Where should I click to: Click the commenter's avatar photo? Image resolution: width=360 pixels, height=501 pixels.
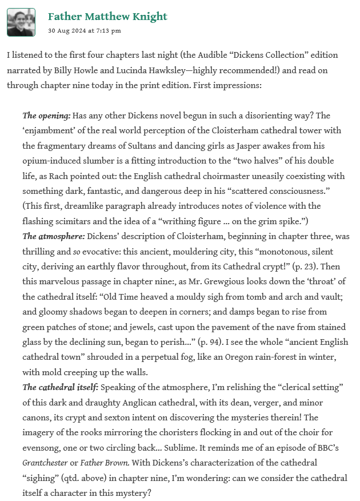(x=21, y=22)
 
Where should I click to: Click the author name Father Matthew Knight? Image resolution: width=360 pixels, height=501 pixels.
(x=107, y=16)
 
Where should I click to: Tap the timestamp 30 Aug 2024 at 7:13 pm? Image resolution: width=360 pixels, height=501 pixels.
(x=84, y=31)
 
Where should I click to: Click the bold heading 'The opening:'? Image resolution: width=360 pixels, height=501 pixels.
(x=46, y=116)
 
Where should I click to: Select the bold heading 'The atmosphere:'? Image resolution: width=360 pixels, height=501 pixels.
(x=52, y=236)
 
